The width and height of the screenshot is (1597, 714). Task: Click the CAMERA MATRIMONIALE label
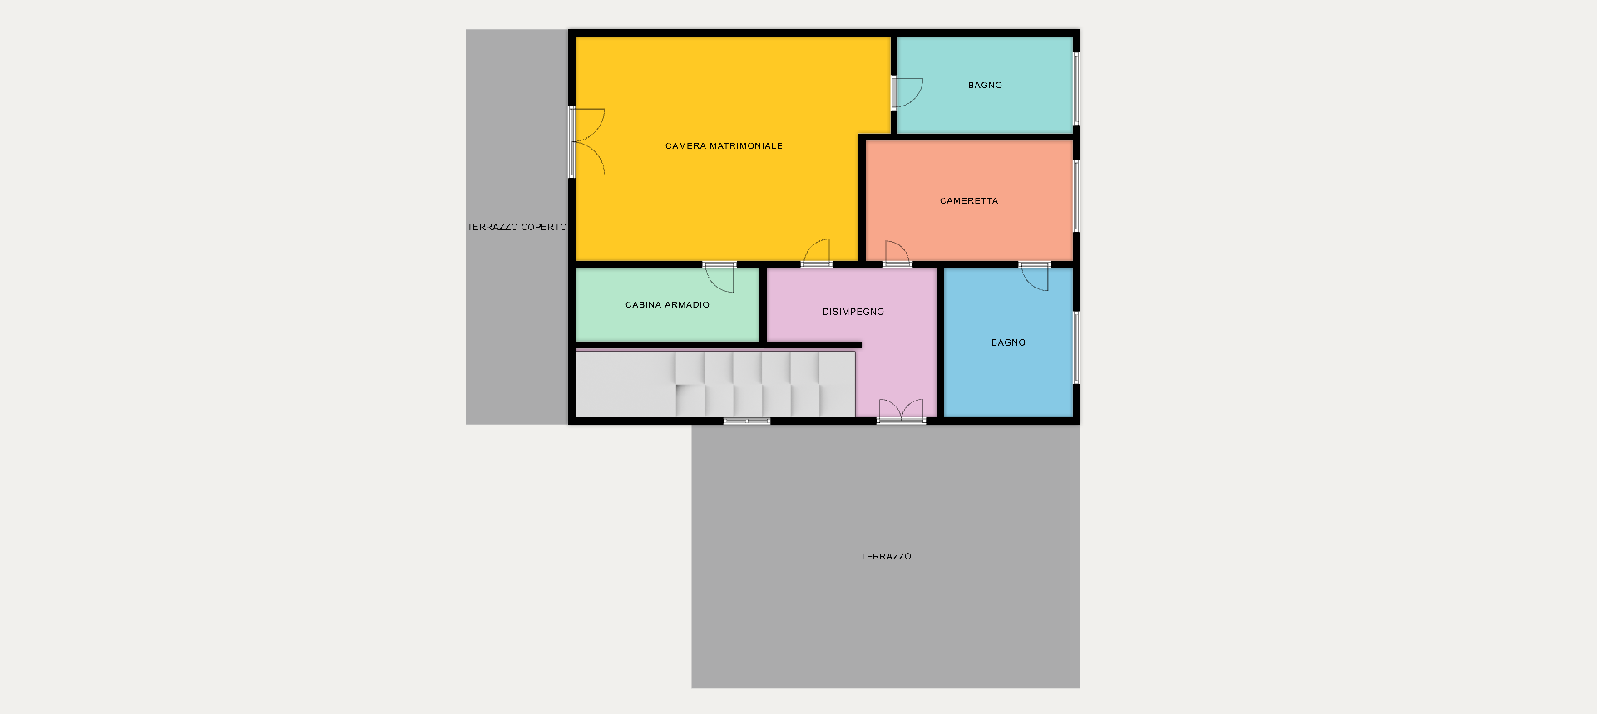tap(724, 146)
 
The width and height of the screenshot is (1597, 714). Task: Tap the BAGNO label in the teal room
tap(985, 86)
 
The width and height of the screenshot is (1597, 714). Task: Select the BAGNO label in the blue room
tap(1008, 342)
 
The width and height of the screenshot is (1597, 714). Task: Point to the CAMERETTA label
tap(969, 201)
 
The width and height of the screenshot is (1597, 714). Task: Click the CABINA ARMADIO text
tap(667, 305)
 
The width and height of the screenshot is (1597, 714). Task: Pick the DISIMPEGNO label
tap(853, 313)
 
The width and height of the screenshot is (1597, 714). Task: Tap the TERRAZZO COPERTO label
tap(517, 227)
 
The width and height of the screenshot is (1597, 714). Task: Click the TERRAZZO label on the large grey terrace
tap(886, 557)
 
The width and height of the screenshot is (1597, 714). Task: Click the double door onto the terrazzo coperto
tap(586, 142)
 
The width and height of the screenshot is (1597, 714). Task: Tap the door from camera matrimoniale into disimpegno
tap(816, 254)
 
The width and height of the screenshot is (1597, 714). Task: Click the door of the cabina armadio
tap(719, 277)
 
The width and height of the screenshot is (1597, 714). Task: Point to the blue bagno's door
tap(1035, 276)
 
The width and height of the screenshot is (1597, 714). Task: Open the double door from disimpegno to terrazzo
tap(902, 411)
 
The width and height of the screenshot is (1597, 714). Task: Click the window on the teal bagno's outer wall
tap(1075, 88)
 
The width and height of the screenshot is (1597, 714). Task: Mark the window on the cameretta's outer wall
tap(1075, 196)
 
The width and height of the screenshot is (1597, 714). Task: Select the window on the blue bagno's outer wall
tap(1075, 347)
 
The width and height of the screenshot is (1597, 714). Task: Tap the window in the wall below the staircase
tap(747, 421)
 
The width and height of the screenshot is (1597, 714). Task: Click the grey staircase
tap(715, 384)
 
